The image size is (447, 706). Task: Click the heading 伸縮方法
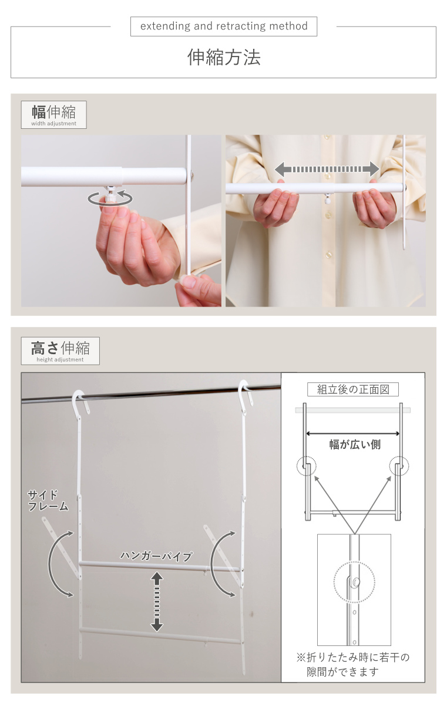224,57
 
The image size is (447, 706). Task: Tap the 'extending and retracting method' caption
224,26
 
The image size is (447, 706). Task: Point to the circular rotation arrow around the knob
110,198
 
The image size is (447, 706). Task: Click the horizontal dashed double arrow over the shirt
327,169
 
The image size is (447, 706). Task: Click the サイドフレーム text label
48,500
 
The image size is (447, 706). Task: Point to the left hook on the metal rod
79,400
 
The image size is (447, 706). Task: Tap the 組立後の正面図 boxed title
353,389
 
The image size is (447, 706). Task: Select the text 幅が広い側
355,445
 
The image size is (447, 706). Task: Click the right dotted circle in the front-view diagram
399,467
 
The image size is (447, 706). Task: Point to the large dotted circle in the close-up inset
354,582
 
